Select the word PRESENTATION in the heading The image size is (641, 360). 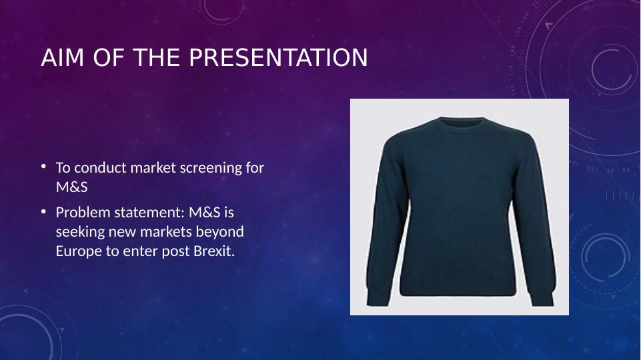278,57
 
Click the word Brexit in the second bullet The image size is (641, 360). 214,251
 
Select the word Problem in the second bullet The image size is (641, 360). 83,213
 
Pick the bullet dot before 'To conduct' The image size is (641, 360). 43,166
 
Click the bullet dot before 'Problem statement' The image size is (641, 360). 43,211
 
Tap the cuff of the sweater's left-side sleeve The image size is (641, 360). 376,297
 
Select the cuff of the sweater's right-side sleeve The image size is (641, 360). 542,297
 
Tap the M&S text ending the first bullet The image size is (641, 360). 71,187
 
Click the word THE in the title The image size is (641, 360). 157,57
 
